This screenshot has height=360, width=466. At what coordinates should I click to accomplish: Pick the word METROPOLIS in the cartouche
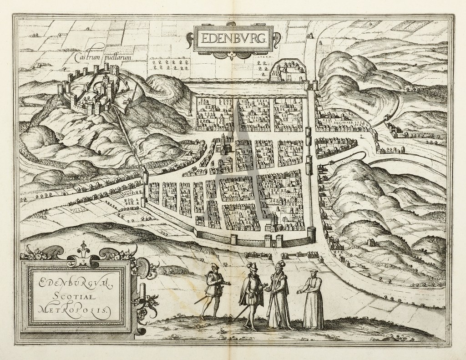coord(75,309)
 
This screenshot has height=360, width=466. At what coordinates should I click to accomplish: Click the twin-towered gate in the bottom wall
coord(273,239)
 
